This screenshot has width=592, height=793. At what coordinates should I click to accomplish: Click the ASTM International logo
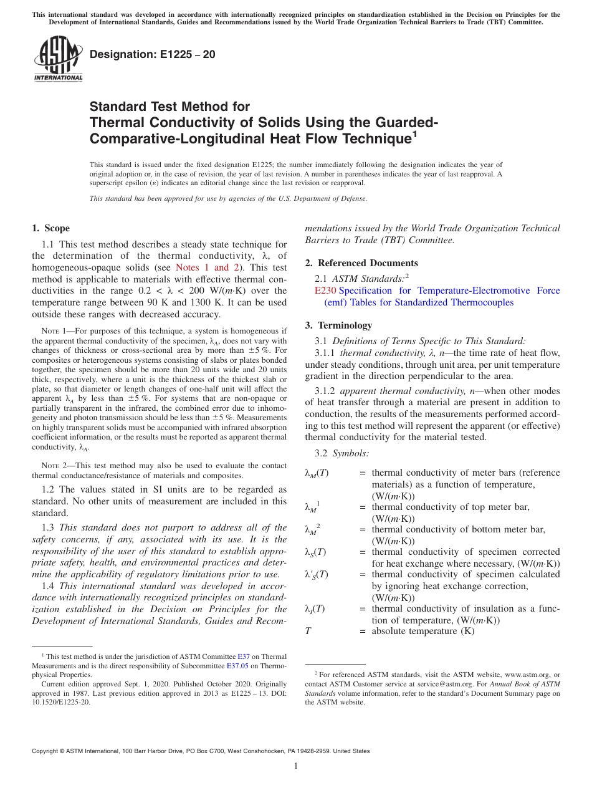pyautogui.click(x=57, y=59)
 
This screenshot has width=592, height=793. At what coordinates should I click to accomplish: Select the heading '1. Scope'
pyautogui.click(x=50, y=228)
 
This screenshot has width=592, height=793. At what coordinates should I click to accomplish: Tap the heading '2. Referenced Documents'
pyautogui.click(x=361, y=263)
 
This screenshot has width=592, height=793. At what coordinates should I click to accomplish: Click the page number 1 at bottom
pyautogui.click(x=296, y=766)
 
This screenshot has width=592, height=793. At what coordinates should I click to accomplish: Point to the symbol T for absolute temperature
pyautogui.click(x=308, y=631)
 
